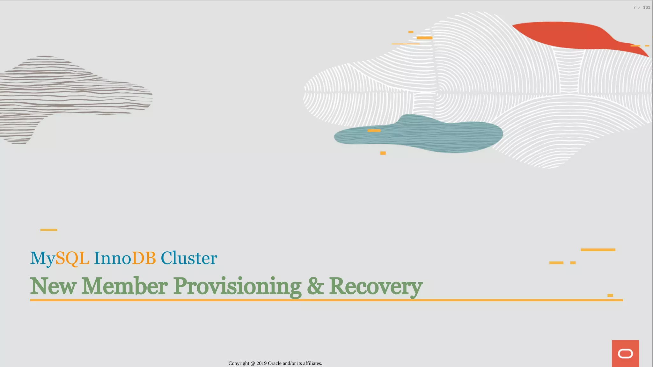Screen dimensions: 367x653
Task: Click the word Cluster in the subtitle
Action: pyautogui.click(x=189, y=258)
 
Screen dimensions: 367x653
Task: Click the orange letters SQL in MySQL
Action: pyautogui.click(x=72, y=258)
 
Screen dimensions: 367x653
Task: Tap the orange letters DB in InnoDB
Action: pyautogui.click(x=144, y=258)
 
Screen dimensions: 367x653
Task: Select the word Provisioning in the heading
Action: pyautogui.click(x=237, y=286)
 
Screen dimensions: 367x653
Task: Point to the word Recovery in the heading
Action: pyautogui.click(x=376, y=286)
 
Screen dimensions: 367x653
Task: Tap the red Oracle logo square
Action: pyautogui.click(x=625, y=353)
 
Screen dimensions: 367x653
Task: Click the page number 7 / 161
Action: pyautogui.click(x=642, y=8)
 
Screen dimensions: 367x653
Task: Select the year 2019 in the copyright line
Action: pyautogui.click(x=261, y=363)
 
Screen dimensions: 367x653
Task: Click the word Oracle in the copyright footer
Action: pyautogui.click(x=275, y=363)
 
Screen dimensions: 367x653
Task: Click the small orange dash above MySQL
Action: pyautogui.click(x=49, y=230)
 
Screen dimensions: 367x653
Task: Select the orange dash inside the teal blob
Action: pyautogui.click(x=374, y=131)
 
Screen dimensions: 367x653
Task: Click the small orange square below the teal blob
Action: pyautogui.click(x=383, y=153)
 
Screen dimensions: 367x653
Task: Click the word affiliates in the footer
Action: pyautogui.click(x=312, y=363)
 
